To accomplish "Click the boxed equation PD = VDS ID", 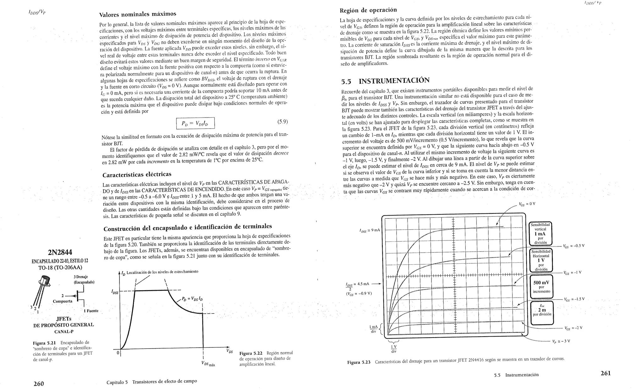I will [x=195, y=123].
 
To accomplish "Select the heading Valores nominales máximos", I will [x=137, y=14].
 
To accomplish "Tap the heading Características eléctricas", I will [x=137, y=174].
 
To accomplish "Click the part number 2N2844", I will [x=60, y=252].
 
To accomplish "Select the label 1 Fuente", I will [x=91, y=311].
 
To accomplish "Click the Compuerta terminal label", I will [x=62, y=301].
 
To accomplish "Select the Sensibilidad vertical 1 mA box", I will [x=540, y=234].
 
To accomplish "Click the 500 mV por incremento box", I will [x=541, y=287].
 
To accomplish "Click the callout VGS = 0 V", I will [x=527, y=204].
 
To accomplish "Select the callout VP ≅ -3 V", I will [x=561, y=341].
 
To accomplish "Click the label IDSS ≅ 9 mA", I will [x=369, y=230].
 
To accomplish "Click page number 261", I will [x=605, y=373].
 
